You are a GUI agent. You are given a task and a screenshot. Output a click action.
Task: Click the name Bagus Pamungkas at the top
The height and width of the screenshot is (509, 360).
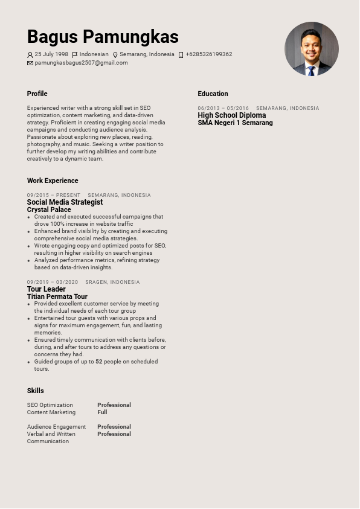[103, 37]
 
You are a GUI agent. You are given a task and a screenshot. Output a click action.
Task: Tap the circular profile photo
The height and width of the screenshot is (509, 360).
[312, 49]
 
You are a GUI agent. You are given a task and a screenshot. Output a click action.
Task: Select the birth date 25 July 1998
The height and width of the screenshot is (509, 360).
[51, 54]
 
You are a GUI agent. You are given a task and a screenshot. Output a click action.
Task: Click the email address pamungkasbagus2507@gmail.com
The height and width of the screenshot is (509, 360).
[81, 63]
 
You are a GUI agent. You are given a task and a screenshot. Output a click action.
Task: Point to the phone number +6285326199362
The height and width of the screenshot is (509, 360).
[209, 54]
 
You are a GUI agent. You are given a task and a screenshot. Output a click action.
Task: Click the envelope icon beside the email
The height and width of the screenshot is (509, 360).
[30, 63]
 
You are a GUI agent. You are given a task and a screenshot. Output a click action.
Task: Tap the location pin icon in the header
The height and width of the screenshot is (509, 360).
[115, 55]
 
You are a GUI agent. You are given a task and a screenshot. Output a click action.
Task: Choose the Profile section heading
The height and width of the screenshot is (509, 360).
[37, 94]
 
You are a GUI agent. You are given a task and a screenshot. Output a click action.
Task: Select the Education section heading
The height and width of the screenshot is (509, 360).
[213, 94]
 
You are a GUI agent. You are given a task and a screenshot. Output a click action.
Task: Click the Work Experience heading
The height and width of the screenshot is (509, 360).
[53, 181]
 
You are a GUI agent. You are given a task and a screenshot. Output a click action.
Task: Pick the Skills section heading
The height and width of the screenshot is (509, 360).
[35, 391]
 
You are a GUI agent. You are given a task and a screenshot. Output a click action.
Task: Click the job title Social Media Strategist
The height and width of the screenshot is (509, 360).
[65, 202]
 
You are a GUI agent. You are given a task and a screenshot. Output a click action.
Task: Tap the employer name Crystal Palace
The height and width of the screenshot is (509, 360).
[49, 210]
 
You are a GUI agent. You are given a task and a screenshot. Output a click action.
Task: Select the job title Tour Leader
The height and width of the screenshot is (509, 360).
[46, 289]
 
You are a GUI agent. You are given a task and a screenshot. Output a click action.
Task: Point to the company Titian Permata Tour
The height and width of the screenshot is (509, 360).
[57, 296]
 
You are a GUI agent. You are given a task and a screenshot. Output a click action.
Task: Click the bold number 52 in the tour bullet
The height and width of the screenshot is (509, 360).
[99, 362]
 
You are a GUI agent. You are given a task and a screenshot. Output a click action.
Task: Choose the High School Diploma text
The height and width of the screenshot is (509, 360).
[231, 115]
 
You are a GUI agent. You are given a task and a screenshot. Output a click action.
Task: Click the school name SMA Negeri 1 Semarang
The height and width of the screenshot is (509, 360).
[235, 123]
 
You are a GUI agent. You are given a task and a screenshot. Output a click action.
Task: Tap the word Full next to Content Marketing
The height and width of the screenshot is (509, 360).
[102, 412]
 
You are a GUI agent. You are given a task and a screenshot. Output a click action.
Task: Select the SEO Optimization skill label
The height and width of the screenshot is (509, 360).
[50, 405]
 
